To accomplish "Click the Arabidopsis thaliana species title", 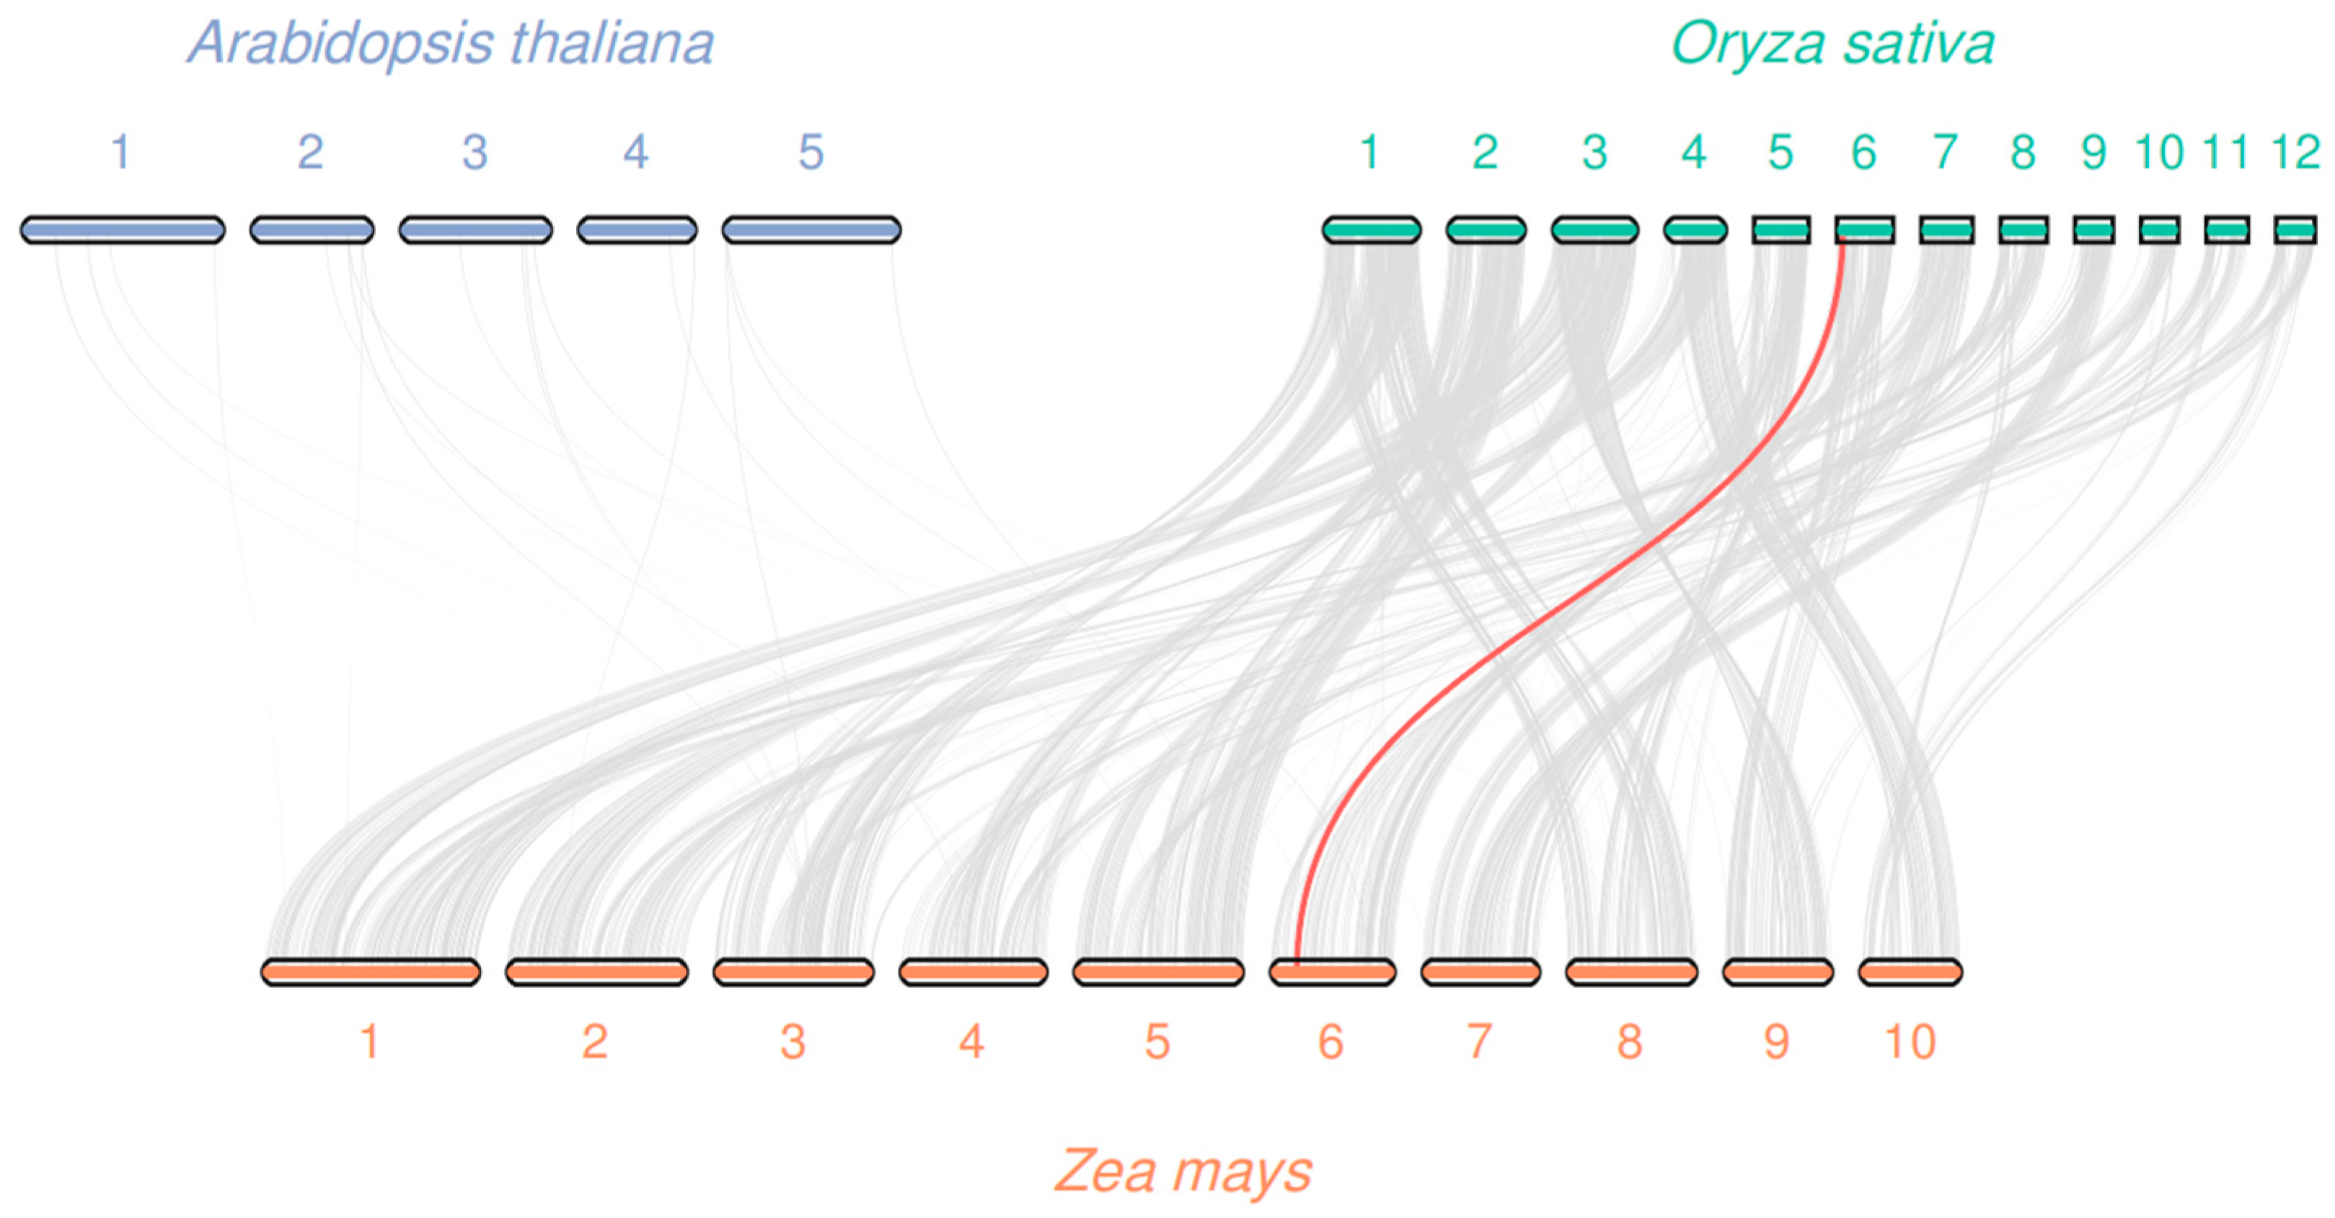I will point(451,43).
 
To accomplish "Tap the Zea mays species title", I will point(1183,1171).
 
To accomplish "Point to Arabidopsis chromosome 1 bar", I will point(123,230).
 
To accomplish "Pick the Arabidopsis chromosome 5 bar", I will point(811,230).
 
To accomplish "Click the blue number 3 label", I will point(475,152).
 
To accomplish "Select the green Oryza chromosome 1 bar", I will point(1372,230).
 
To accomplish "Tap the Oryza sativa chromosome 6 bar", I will point(1865,230).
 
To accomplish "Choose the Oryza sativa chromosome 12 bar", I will point(2295,230).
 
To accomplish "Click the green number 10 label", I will point(2159,152).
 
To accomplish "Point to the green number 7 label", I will point(1944,152).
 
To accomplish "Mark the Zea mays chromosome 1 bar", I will point(370,972).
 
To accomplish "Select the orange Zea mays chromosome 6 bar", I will point(1332,972).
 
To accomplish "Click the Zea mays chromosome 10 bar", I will point(1910,972).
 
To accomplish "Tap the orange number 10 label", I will point(1910,1042).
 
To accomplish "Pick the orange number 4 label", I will point(971,1042).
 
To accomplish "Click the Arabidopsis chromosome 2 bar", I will point(312,230).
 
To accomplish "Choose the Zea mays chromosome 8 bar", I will point(1630,972).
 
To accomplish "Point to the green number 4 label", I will point(1693,152).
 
